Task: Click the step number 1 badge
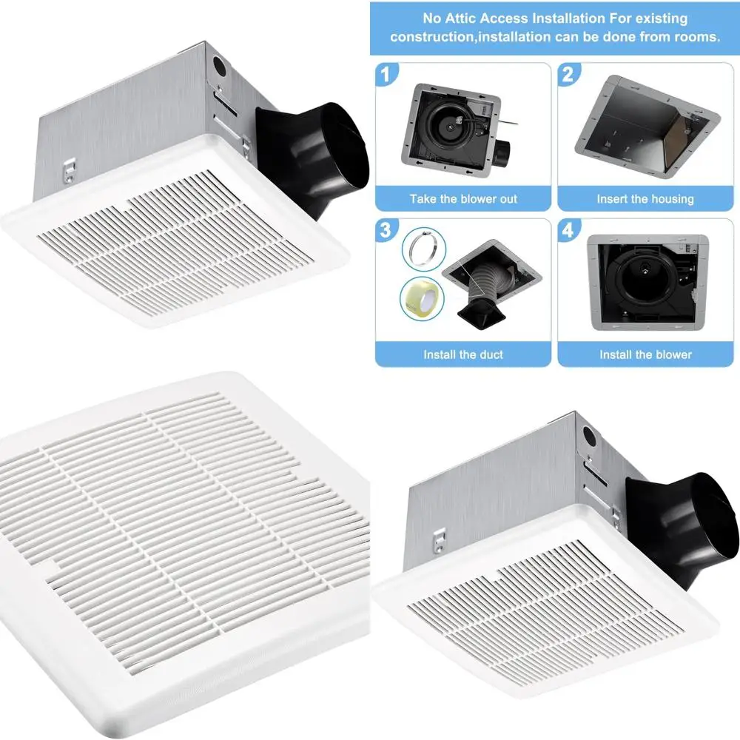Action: pyautogui.click(x=384, y=74)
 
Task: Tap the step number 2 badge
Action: pyautogui.click(x=568, y=74)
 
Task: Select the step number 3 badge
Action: pyautogui.click(x=384, y=231)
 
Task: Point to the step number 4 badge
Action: pyautogui.click(x=568, y=231)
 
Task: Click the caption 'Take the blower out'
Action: pyautogui.click(x=463, y=199)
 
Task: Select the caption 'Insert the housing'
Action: pyautogui.click(x=645, y=199)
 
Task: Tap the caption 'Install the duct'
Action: pyautogui.click(x=463, y=354)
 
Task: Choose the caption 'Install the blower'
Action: pyautogui.click(x=645, y=354)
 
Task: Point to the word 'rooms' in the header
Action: pyautogui.click(x=696, y=36)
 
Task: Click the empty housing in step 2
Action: pyautogui.click(x=645, y=126)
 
